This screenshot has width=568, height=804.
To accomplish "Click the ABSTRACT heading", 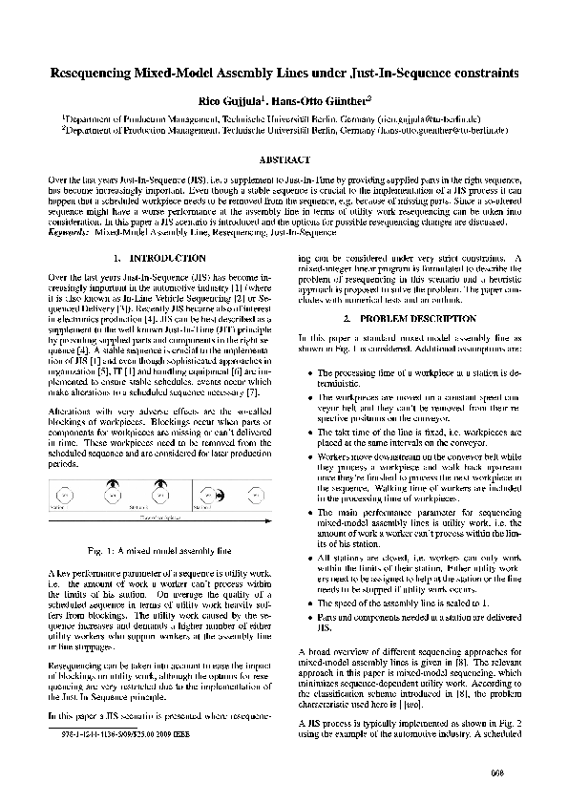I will [x=284, y=159].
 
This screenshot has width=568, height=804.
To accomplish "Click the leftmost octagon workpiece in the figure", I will [x=63, y=497].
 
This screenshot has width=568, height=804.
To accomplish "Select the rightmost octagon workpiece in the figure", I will [x=255, y=497].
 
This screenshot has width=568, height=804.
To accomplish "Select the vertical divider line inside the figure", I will [x=193, y=495].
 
